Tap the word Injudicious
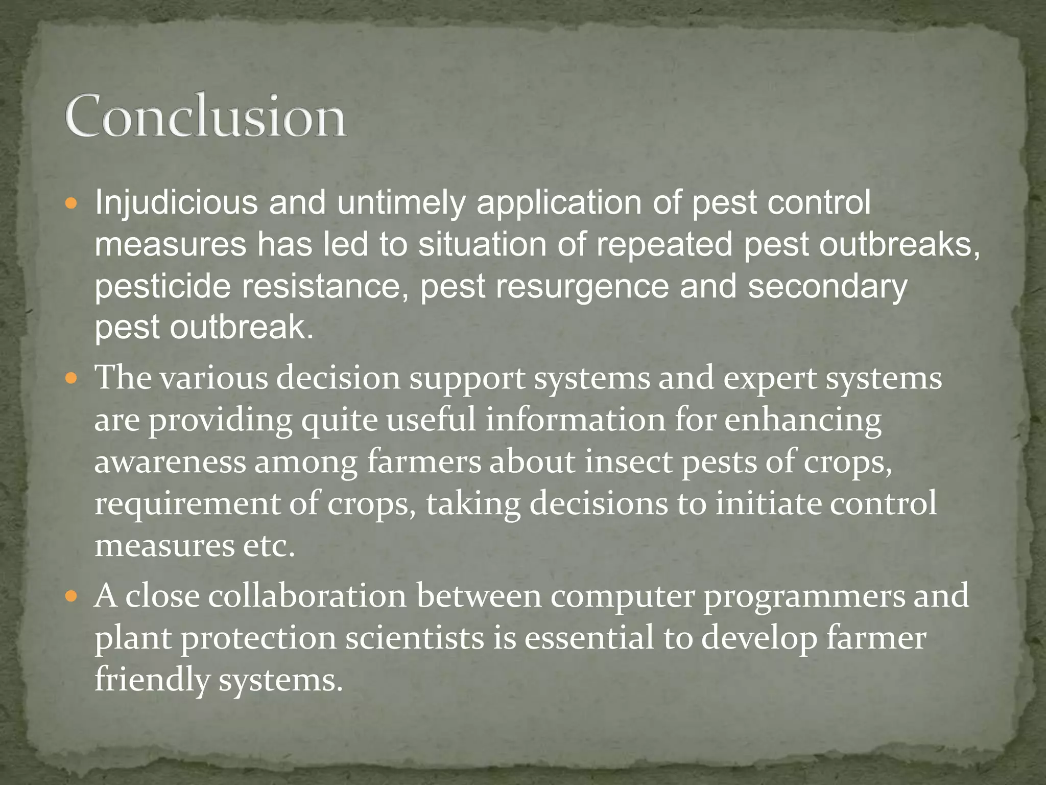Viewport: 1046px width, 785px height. click(x=176, y=203)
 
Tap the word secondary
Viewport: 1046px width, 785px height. click(x=827, y=287)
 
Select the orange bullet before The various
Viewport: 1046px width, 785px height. click(x=72, y=379)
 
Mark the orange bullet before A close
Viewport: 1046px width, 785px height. click(x=72, y=596)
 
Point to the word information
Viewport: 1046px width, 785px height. click(x=575, y=421)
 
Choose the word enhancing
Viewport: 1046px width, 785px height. click(x=803, y=422)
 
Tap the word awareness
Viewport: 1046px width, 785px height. click(x=170, y=461)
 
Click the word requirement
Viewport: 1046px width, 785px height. click(x=187, y=504)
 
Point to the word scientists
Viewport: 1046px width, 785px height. click(x=415, y=638)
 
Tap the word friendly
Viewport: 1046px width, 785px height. click(x=152, y=681)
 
